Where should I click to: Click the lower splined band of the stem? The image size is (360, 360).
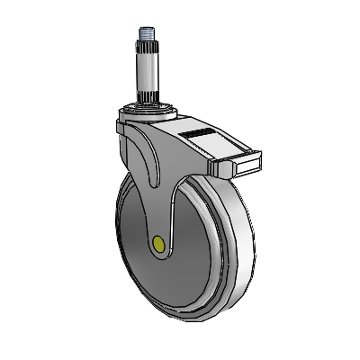(x=148, y=94)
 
